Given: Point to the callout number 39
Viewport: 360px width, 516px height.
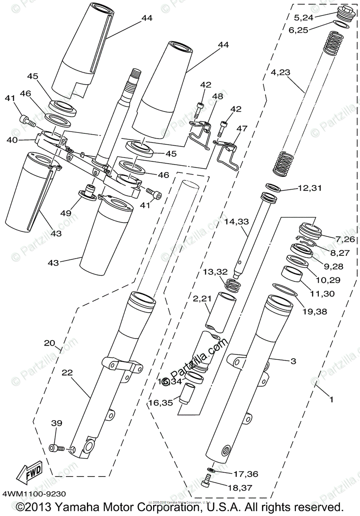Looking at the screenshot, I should coord(57,424).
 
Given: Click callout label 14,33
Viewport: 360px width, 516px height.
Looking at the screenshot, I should coord(237,222).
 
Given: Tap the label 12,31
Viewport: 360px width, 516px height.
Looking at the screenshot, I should coord(309,188).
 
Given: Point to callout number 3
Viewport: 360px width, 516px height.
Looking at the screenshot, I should coord(293,362).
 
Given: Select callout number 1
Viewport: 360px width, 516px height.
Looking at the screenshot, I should coord(331,399).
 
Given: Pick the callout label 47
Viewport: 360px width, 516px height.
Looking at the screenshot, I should coord(242,128).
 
